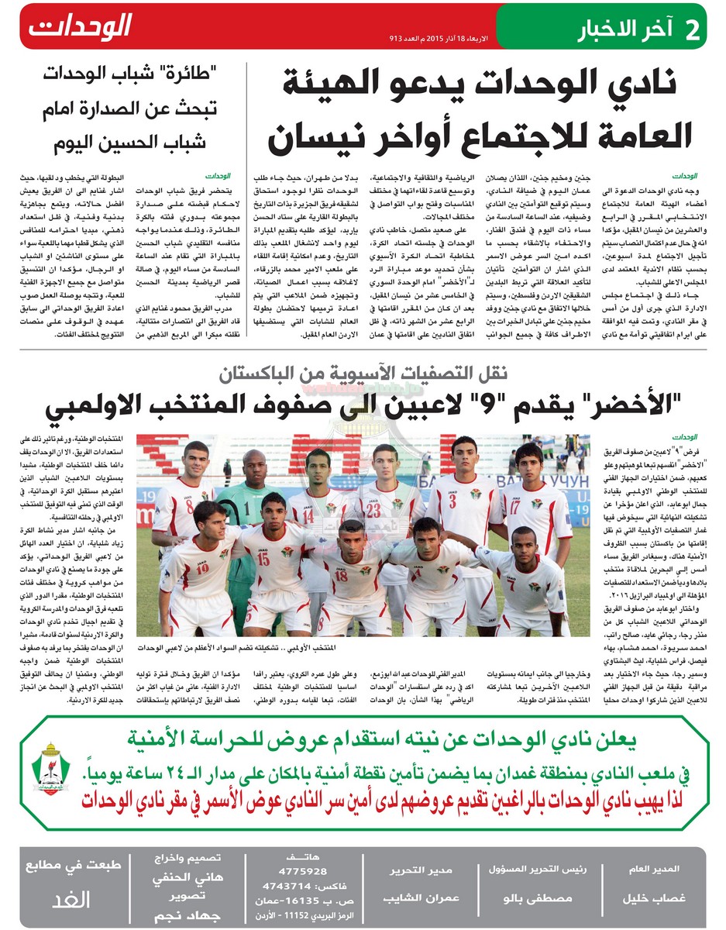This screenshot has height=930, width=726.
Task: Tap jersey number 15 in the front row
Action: click(263, 557)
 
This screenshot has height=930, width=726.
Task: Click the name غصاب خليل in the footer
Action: click(655, 899)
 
